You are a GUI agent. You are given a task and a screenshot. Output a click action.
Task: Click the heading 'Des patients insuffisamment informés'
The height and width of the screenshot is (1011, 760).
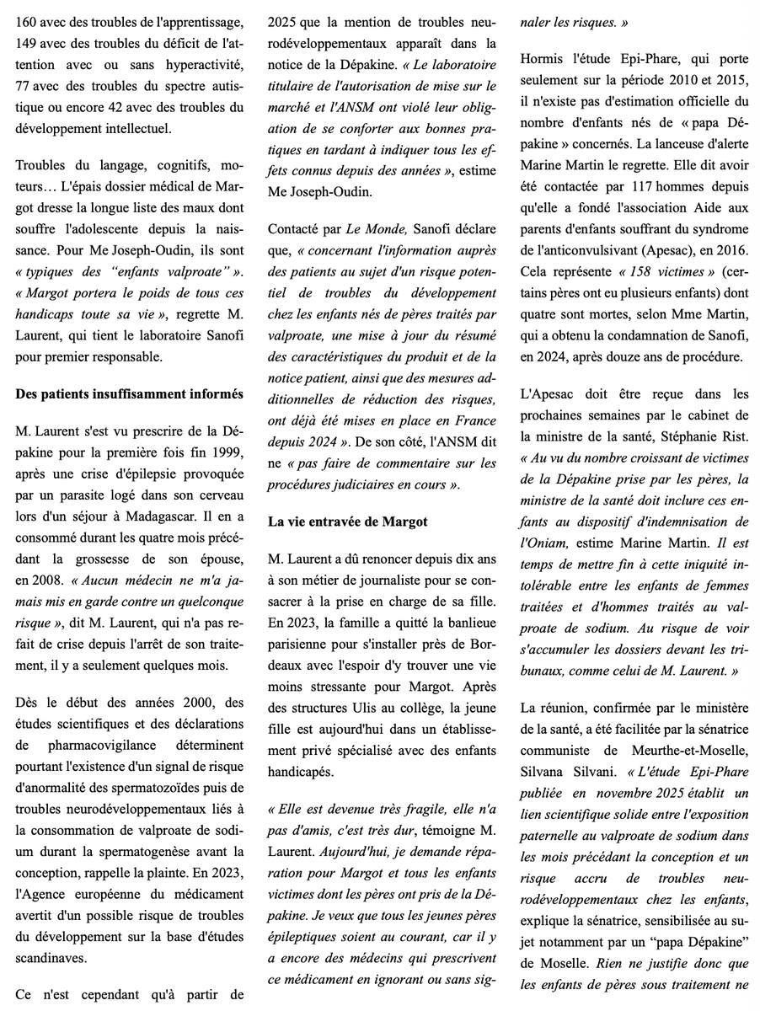[130, 393]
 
